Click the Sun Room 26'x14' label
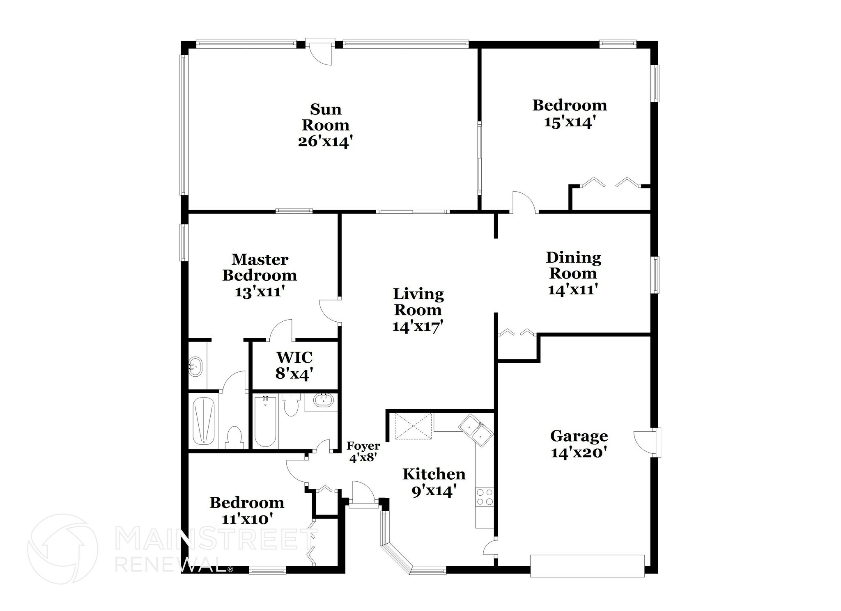pos(325,126)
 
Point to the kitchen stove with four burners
pos(485,497)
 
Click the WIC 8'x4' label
pos(294,366)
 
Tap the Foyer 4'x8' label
pos(363,452)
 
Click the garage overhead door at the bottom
pos(587,566)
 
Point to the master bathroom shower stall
pos(204,421)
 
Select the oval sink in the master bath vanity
pos(195,365)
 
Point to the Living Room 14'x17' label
pos(418,310)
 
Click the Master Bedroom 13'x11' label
pos(260,275)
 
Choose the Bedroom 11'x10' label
pos(247,510)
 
